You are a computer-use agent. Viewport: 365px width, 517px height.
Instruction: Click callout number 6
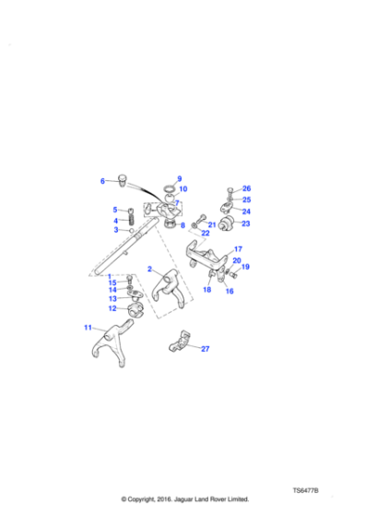(x=103, y=181)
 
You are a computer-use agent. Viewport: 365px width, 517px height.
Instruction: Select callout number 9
(x=180, y=178)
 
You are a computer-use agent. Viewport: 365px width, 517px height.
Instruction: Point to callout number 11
(x=88, y=327)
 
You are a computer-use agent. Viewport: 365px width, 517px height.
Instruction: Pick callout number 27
(x=205, y=349)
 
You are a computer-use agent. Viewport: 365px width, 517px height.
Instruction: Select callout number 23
(x=246, y=222)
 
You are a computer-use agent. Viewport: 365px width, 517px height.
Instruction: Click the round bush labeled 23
(x=228, y=223)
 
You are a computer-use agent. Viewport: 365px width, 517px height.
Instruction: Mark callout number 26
(x=246, y=188)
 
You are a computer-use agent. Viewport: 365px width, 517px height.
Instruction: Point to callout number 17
(x=237, y=249)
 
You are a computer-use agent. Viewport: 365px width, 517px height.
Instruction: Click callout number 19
(x=245, y=267)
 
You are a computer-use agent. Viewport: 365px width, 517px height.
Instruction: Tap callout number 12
(x=112, y=308)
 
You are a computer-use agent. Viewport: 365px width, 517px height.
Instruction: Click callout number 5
(x=116, y=210)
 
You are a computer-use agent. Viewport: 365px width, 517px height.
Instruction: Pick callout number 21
(x=211, y=224)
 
